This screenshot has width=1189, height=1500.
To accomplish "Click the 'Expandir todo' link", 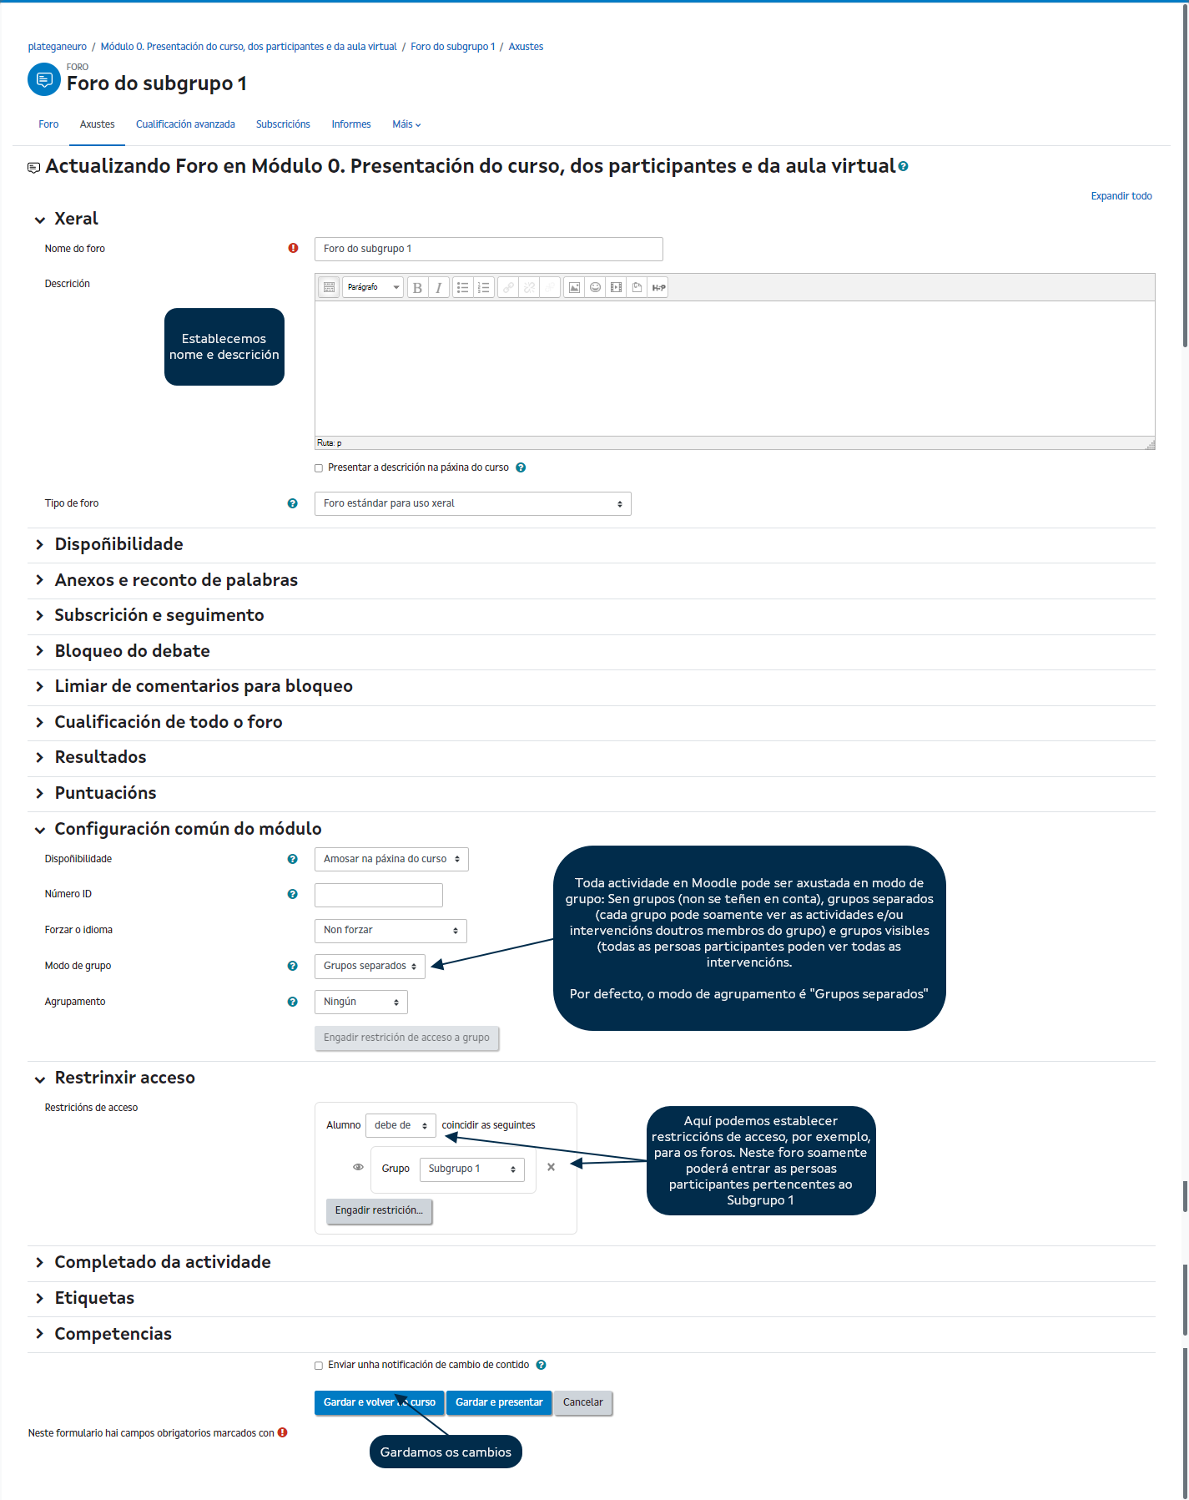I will pos(1121,196).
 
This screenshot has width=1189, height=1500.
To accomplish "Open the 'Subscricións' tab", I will pos(283,124).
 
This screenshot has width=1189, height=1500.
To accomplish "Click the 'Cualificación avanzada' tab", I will pos(185,124).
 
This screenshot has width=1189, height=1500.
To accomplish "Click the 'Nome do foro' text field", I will pos(488,249).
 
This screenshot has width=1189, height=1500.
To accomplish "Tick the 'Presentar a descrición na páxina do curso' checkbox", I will pos(319,468).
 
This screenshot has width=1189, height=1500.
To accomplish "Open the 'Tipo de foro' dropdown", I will pos(472,504).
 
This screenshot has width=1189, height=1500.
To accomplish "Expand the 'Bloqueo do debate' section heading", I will pos(132,651).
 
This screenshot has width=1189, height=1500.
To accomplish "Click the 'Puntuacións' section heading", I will pos(105,793).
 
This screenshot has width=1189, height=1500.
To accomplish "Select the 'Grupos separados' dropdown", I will pos(370,967).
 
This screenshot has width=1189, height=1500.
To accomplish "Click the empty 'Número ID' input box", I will pos(378,895).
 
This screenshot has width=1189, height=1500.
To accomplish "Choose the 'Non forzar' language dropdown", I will pos(390,931).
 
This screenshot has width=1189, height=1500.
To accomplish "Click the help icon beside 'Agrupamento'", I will pos(292,1003).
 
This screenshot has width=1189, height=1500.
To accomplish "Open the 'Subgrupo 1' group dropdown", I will pos(471,1169).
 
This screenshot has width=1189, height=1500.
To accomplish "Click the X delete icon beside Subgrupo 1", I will pos(551,1168).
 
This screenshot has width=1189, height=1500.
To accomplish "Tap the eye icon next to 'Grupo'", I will pos(358,1168).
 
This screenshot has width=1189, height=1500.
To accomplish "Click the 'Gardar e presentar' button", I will pos(499,1403).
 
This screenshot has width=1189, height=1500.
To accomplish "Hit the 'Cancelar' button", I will pos(582,1403).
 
